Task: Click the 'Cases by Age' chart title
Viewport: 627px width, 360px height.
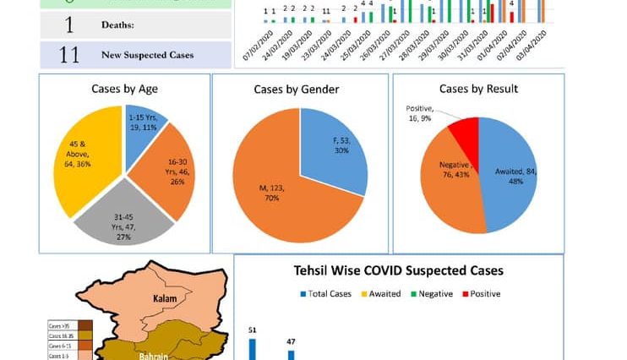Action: click(x=124, y=89)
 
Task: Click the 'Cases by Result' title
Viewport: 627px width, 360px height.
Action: click(x=478, y=89)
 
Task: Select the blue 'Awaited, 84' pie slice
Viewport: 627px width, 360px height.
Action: click(x=511, y=173)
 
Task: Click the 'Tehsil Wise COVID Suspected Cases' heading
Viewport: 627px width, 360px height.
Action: click(x=399, y=271)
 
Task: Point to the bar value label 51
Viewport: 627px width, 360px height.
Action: click(x=252, y=330)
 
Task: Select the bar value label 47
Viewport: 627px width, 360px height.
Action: click(x=291, y=341)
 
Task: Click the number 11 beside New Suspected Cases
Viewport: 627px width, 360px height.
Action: click(x=69, y=55)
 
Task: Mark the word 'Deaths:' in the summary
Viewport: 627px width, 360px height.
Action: click(x=121, y=25)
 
